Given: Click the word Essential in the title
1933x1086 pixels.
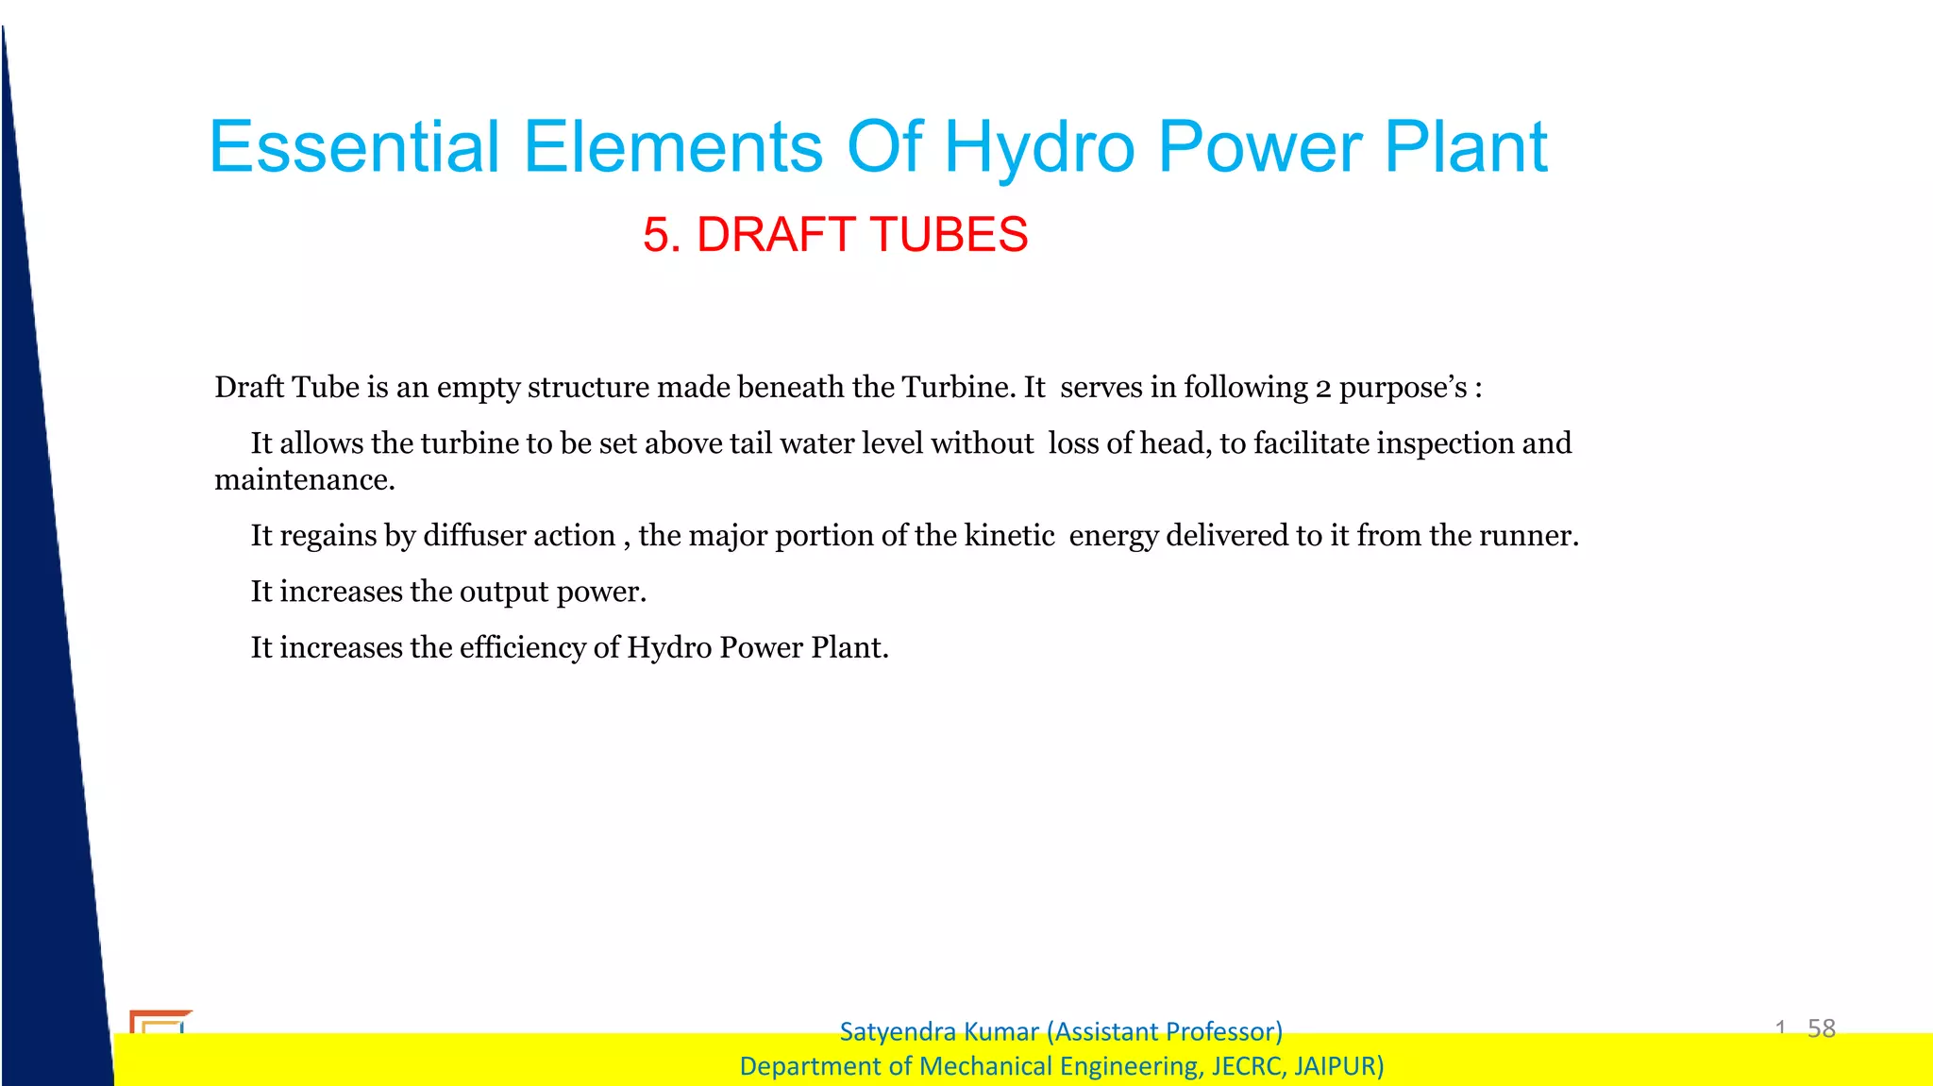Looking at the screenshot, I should pos(354,147).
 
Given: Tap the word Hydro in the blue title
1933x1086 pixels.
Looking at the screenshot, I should pos(1038,147).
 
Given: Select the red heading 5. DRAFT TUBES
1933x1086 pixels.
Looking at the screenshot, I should pos(835,234).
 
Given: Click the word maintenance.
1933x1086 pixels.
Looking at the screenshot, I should pos(304,480).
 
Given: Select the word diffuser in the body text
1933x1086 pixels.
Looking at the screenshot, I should pos(473,536).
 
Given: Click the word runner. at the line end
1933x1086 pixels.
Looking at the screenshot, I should pos(1528,536).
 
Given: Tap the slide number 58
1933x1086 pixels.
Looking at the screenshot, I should pos(1821,1028).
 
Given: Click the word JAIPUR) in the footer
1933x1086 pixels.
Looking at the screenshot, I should pos(1338,1066).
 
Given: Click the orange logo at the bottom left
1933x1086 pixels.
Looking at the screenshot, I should pos(160,1022).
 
